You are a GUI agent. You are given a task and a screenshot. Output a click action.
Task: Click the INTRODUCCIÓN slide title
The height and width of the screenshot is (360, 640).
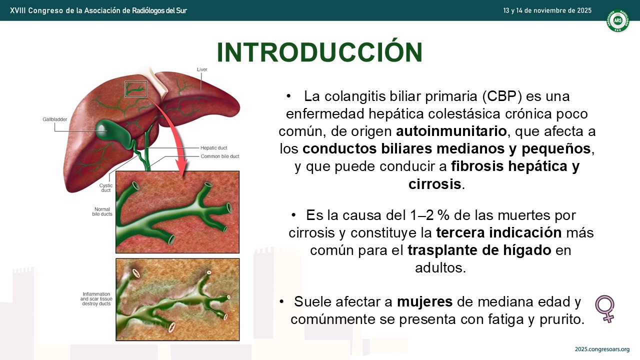tap(319, 52)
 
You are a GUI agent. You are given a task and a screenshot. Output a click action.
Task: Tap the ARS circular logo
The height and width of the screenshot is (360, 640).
tap(617, 20)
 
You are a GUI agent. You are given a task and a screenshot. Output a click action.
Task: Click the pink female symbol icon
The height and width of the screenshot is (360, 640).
tap(605, 308)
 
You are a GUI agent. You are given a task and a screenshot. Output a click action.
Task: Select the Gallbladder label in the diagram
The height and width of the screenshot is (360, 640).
tap(55, 119)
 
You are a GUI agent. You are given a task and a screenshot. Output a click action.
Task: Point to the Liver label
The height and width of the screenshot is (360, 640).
tap(202, 69)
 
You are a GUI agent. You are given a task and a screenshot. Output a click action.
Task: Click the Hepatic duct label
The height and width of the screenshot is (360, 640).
tap(213, 147)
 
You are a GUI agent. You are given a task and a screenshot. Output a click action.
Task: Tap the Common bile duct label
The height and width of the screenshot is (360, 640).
tap(219, 156)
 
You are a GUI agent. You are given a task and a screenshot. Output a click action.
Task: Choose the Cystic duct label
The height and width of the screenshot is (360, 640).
tap(105, 187)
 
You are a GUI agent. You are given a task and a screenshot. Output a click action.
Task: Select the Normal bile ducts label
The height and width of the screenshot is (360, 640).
tap(102, 211)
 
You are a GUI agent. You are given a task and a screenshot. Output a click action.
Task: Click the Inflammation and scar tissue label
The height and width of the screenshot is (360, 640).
tap(96, 299)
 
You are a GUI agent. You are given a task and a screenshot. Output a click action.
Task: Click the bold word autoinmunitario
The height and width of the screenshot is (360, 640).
tap(451, 131)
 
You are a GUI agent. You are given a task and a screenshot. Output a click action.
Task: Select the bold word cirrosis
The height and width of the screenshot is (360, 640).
tap(434, 184)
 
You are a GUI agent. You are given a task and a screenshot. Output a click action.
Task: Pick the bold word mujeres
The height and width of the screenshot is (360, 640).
tap(424, 301)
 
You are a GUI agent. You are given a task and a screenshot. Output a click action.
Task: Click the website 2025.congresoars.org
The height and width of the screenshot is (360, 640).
tap(602, 349)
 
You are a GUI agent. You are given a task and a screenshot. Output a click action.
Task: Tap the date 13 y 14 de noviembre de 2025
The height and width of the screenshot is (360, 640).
tap(547, 10)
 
